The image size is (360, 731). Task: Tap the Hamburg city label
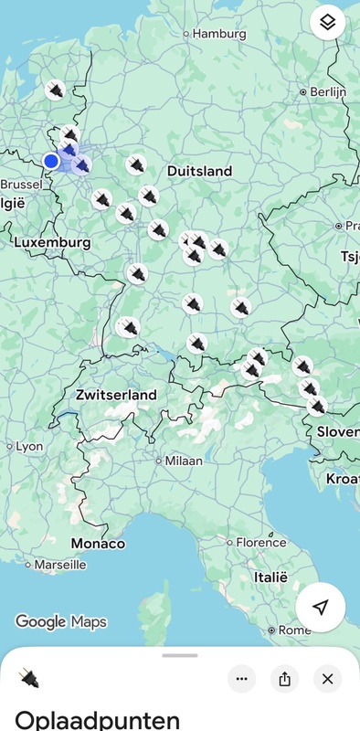click(219, 34)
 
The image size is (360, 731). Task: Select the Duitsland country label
click(199, 171)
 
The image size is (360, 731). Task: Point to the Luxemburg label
click(52, 243)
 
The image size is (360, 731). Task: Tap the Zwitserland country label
click(116, 395)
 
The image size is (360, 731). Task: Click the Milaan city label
click(184, 461)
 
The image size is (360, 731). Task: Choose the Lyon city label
click(29, 447)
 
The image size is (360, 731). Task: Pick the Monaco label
click(98, 544)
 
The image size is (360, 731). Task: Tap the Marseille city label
click(60, 566)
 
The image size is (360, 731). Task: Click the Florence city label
click(260, 542)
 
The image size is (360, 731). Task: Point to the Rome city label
click(294, 630)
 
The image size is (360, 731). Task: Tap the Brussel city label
click(21, 184)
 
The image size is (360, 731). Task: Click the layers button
click(328, 22)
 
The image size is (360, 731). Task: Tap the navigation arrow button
click(320, 608)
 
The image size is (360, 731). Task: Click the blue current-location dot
click(52, 161)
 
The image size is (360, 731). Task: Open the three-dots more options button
click(241, 678)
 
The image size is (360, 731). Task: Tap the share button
click(284, 678)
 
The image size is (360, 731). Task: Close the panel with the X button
click(327, 678)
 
